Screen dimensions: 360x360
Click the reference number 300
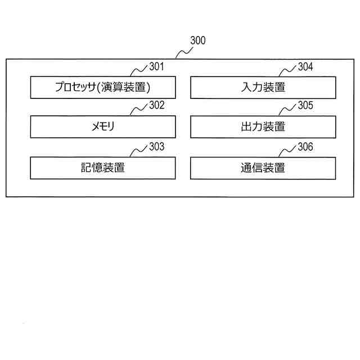(x=198, y=40)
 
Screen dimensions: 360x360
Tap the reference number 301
(x=156, y=67)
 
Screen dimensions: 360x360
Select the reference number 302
(x=156, y=106)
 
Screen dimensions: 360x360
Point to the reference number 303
(x=156, y=147)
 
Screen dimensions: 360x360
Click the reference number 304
(x=305, y=67)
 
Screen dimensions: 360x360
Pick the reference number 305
(x=305, y=106)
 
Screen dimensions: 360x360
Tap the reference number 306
(x=305, y=147)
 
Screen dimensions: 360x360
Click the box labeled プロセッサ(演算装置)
(x=102, y=87)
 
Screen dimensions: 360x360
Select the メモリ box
(x=102, y=127)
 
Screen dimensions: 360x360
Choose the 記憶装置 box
(x=102, y=168)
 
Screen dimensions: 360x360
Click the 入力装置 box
(x=263, y=87)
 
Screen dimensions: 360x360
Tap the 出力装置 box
(x=263, y=127)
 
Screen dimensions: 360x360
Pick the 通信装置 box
(x=263, y=168)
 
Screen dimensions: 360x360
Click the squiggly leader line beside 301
(x=139, y=71)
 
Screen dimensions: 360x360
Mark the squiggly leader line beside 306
(x=288, y=151)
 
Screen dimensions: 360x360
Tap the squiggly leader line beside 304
(x=288, y=71)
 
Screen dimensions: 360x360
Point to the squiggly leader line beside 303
(x=139, y=151)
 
